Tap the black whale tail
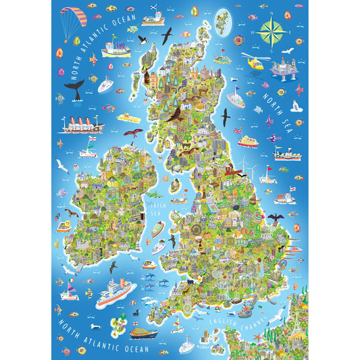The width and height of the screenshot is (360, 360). [x=75, y=89]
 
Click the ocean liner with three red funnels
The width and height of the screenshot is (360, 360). [x=82, y=126]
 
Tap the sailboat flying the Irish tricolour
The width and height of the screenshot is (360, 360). [x=70, y=292]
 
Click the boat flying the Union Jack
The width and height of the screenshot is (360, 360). [x=236, y=99]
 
